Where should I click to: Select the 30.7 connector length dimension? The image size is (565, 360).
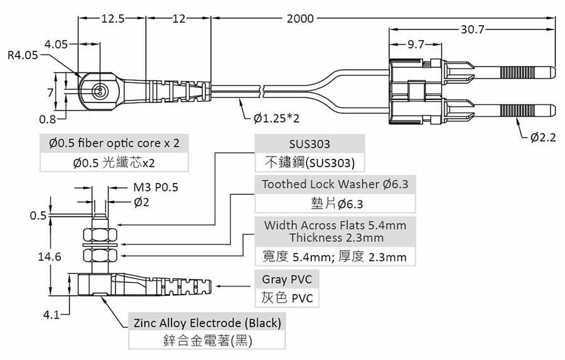coord(472,30)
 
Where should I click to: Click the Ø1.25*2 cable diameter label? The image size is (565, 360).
coord(276,117)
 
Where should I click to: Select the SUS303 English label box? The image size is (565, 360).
coord(309,144)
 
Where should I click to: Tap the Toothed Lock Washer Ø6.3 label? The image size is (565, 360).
coord(335,184)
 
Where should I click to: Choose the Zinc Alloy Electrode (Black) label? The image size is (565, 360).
coord(207,323)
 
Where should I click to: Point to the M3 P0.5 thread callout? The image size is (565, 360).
coord(156,187)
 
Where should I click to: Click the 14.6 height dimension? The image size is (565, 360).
coord(49,256)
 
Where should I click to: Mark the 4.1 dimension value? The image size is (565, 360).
coord(52,315)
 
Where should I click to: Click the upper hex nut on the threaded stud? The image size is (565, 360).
coord(100,235)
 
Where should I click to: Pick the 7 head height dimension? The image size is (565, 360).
coord(50,93)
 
